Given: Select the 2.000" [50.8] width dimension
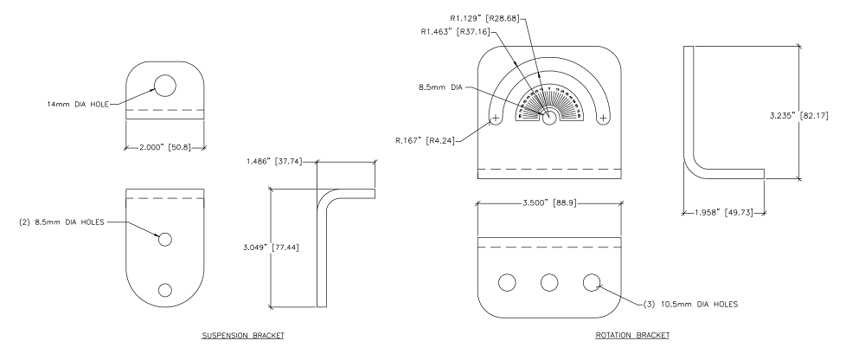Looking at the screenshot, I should pos(165,147).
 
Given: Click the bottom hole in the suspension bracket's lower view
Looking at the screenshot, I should pos(164,289).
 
